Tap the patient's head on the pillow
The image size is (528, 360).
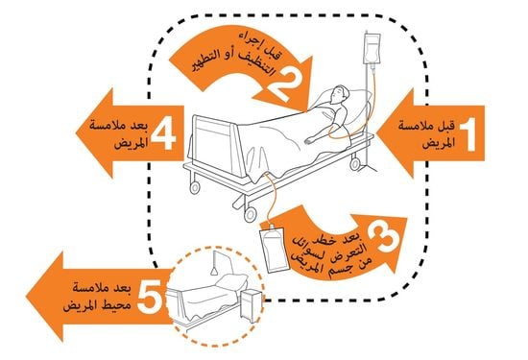click(x=334, y=97)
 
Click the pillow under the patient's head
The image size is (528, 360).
click(x=350, y=99)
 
